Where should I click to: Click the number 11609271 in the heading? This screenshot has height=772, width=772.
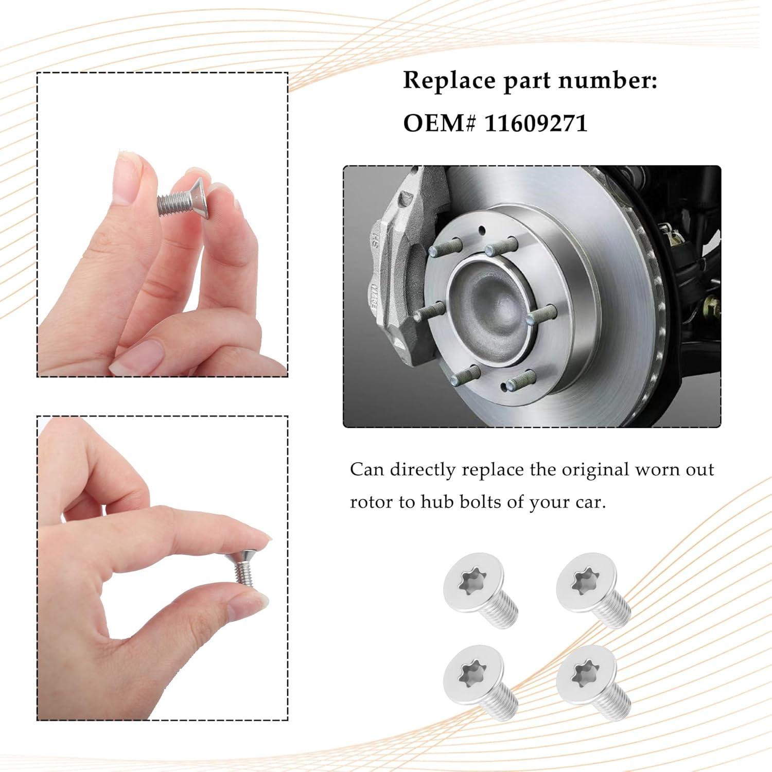tap(536, 124)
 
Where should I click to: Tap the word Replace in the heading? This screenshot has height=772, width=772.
tap(449, 81)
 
